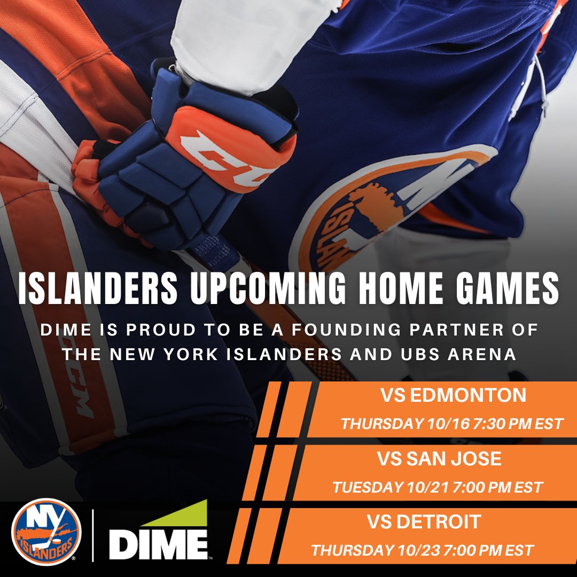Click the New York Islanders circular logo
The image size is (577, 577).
tap(46, 532)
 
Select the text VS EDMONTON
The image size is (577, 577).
tap(453, 396)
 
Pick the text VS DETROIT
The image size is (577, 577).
tap(424, 522)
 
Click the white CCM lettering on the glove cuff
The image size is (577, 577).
tap(230, 155)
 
